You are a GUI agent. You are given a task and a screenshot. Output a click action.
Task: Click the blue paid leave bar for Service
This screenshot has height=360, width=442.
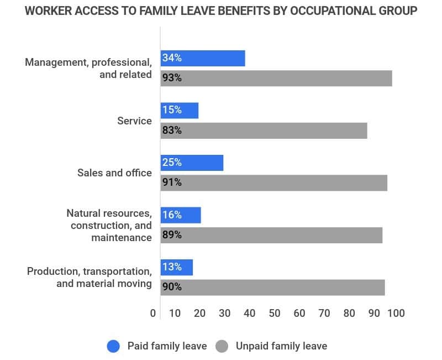click(x=180, y=111)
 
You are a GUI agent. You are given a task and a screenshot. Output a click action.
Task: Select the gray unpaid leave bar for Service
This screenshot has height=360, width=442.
click(x=264, y=131)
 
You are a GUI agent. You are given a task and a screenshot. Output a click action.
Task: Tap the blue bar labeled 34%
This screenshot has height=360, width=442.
click(x=203, y=58)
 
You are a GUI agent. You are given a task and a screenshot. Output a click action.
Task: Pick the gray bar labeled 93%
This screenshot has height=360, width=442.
click(x=276, y=78)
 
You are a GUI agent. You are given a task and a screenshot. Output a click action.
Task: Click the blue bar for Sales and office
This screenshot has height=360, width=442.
click(x=192, y=163)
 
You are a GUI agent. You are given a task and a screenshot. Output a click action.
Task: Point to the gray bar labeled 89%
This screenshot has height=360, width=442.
click(x=271, y=235)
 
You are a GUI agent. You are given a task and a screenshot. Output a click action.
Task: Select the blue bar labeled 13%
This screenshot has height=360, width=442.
click(x=177, y=267)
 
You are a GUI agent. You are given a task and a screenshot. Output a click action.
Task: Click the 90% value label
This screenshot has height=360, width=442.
click(x=172, y=287)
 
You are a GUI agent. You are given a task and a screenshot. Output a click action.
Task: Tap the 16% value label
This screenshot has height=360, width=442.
click(x=172, y=215)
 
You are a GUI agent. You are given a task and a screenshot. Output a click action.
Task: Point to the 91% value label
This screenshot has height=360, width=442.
click(x=172, y=182)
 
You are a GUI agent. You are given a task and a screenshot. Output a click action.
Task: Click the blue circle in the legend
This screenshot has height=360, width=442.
click(x=114, y=346)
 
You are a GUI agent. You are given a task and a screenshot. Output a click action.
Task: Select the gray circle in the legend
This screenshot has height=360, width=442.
click(x=222, y=346)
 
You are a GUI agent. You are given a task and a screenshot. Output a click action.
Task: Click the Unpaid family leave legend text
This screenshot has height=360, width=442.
click(x=281, y=346)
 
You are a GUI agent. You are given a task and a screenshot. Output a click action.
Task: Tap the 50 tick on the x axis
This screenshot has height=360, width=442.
click(x=275, y=313)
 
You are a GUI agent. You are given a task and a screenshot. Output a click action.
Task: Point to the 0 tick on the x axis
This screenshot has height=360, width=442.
click(x=153, y=313)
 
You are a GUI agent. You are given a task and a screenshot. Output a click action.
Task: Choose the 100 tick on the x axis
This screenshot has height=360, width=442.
click(x=396, y=313)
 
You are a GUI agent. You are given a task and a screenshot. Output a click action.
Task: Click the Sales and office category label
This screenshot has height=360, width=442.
click(x=114, y=173)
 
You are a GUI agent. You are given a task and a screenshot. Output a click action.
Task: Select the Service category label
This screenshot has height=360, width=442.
click(x=134, y=121)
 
